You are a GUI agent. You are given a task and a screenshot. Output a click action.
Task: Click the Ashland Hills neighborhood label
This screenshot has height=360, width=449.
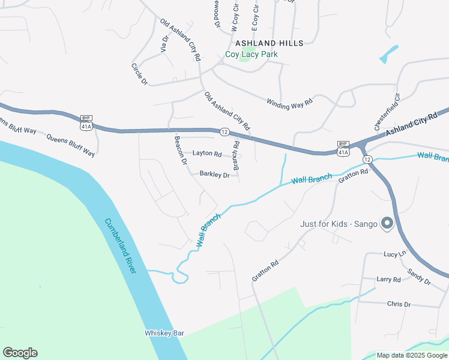[270, 43]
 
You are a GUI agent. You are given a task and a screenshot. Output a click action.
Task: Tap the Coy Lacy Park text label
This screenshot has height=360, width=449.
[252, 54]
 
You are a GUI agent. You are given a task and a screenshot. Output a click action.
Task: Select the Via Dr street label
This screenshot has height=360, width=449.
[164, 43]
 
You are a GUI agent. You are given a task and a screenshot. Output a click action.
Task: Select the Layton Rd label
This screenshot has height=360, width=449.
[207, 154]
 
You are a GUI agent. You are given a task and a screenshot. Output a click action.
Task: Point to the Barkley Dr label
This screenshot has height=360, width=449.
[214, 175]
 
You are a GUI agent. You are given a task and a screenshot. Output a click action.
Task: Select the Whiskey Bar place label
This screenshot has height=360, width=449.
[164, 333]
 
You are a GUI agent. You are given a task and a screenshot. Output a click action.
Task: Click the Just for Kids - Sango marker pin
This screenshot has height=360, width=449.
[387, 224]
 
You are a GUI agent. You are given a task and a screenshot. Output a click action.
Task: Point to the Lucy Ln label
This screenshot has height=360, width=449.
[395, 254]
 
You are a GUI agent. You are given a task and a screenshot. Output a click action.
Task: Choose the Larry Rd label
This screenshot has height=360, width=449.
[388, 280]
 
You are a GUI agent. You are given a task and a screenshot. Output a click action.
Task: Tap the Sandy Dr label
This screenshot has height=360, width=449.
[418, 277]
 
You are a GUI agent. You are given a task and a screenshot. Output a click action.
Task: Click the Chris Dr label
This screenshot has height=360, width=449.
[399, 304]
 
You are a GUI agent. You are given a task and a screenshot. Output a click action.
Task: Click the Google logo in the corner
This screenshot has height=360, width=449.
[20, 353]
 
